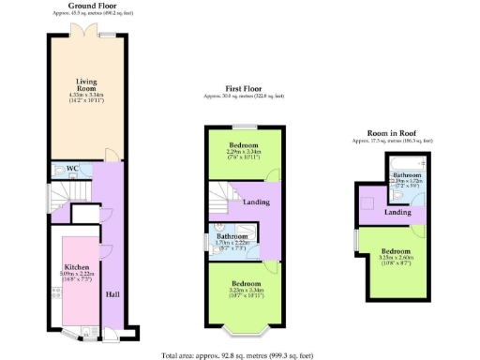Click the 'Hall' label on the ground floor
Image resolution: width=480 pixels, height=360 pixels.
[x=112, y=294]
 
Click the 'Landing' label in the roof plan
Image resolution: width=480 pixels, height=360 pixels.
[x=397, y=213]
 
